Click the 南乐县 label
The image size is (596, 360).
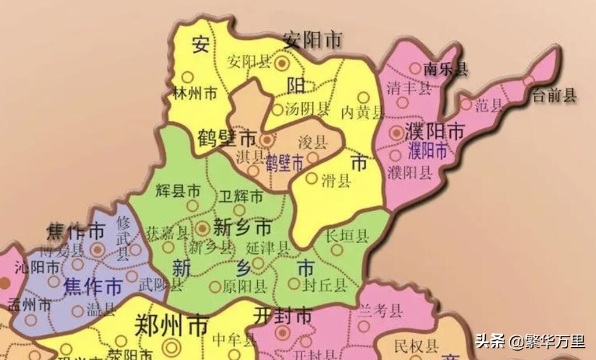pos(446,69)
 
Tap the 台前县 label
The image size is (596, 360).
pos(554,96)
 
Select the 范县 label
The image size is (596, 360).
pos(489,106)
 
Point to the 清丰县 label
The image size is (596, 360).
pos(409,88)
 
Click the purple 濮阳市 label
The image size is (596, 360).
pos(427,151)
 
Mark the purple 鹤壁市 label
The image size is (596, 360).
pos(285,162)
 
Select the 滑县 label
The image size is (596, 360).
pos(336,180)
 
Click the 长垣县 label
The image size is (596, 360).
pos(347,236)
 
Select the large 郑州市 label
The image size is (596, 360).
pos(171,326)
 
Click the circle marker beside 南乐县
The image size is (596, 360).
pos(415,68)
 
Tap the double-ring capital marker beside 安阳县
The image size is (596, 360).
pos(282,62)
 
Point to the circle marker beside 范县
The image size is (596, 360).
pos(466,104)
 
